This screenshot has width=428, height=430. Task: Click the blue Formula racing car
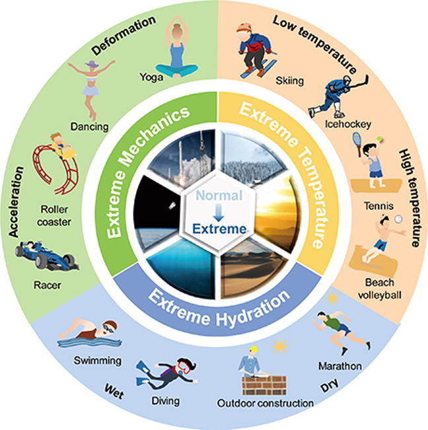pos(47,256)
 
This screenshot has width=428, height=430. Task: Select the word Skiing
pos(289,81)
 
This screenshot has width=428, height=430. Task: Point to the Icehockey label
pos(348,124)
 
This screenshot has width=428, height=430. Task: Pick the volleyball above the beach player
pos(398,219)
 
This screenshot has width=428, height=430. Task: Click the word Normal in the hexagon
pos(219,196)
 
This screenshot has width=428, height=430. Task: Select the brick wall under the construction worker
pos(264,385)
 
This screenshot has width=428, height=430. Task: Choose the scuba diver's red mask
pos(182,367)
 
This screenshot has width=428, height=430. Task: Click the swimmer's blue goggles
pos(108,328)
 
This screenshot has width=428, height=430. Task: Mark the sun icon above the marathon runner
pos(333,297)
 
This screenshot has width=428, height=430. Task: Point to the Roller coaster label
pos(54,215)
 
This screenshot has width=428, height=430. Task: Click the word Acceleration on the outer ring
pos(16,201)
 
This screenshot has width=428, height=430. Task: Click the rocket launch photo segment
pos(183,157)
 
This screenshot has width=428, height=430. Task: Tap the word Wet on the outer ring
pos(114,391)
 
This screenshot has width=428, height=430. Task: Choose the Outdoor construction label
pos(265,403)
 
